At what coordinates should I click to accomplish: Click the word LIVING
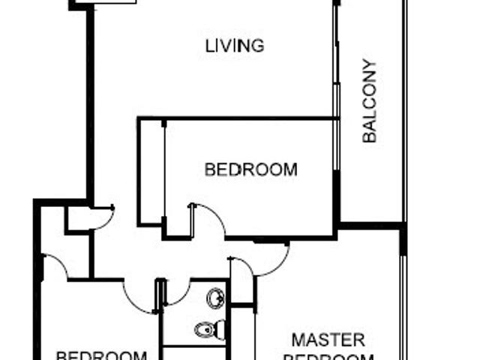point(235,46)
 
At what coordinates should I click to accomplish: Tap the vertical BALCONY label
point(369,101)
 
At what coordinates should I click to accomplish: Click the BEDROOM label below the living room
point(250,170)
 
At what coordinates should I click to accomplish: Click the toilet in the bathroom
point(210,328)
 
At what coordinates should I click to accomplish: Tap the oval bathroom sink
point(215,298)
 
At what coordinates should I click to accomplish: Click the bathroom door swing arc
point(177,294)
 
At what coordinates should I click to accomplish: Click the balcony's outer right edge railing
point(405,112)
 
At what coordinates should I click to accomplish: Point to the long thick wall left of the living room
point(90,105)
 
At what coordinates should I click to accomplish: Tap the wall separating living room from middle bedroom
point(236,118)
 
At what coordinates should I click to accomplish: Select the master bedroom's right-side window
point(403,307)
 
